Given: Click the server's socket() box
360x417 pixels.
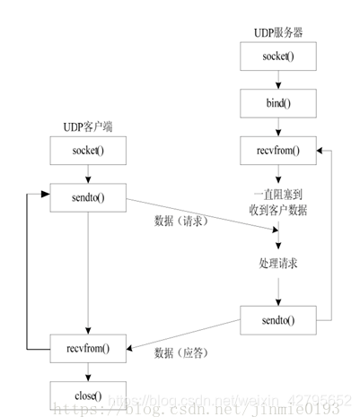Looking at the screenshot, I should pos(277,58).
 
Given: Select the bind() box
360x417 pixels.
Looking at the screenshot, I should pos(277,105).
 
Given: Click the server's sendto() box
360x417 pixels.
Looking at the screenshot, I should pos(277,318).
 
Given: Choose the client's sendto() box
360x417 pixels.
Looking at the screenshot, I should pos(88,195).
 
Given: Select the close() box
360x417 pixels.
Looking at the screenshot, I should pos(88,395).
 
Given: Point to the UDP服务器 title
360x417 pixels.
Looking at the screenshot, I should pos(277,32).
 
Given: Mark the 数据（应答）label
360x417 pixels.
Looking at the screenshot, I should pos(182,352).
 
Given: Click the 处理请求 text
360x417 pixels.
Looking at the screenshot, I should pos(277,265).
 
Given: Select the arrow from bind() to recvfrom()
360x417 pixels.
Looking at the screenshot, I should pos(277,128).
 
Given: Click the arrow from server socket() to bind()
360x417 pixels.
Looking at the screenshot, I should pos(277,82).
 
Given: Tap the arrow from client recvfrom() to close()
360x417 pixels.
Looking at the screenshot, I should pos(88,371).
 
